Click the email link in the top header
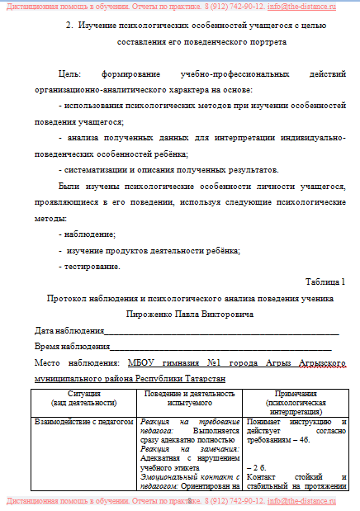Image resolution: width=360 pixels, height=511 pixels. tap(301, 7)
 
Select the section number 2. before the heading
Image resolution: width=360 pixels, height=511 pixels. tap(69, 27)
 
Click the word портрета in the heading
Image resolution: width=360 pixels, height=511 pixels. tap(268, 41)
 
